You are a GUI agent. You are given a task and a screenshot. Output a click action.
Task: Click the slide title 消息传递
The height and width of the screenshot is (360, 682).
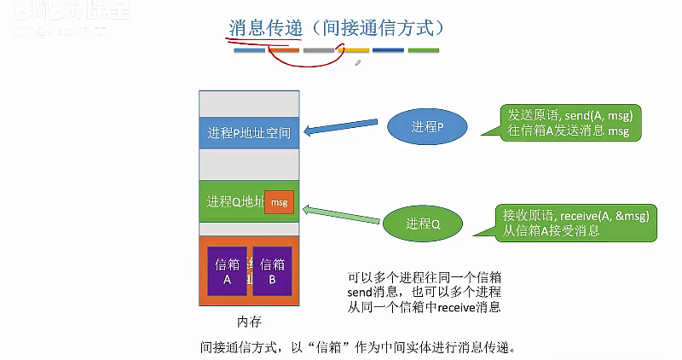click(266, 28)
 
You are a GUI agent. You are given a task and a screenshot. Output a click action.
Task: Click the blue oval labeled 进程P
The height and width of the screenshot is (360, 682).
click(427, 127)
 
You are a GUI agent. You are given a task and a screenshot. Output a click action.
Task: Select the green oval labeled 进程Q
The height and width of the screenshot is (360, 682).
click(423, 224)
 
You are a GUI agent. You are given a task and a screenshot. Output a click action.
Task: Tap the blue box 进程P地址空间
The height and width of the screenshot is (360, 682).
click(248, 132)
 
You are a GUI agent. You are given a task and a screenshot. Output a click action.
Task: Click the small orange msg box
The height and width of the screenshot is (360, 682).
click(279, 202)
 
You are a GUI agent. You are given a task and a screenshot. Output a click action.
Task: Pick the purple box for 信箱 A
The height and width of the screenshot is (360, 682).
click(227, 270)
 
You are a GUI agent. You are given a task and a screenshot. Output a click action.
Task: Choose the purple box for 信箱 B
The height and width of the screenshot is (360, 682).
click(272, 270)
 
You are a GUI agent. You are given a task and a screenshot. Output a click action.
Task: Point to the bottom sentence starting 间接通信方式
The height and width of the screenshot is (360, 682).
click(358, 347)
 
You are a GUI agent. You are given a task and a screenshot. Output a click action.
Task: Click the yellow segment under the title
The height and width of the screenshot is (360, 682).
click(352, 50)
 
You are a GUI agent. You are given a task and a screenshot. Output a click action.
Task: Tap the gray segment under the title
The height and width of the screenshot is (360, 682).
click(318, 50)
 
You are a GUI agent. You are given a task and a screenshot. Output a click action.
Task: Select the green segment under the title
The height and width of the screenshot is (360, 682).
click(423, 50)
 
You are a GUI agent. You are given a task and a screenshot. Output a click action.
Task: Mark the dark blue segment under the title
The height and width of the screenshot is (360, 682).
click(388, 50)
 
